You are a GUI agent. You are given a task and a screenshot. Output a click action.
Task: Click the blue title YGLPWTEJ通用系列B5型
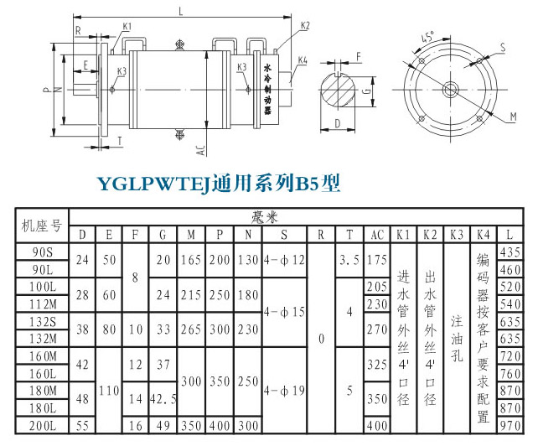pos(220,184)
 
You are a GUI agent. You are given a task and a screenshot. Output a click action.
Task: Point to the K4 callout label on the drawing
pos(303,60)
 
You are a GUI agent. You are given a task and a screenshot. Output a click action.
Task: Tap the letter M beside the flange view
pos(512,111)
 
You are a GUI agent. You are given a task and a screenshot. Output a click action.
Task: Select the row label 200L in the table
pos(43,426)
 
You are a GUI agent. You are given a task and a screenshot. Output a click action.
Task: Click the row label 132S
pos(43,321)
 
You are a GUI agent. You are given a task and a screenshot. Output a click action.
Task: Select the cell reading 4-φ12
pos(286,261)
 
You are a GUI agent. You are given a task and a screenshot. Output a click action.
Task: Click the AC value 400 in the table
pos(377,426)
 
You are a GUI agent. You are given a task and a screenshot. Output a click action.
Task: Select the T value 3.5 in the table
pos(349,261)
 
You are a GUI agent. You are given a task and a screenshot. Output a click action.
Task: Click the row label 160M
pos(43,356)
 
